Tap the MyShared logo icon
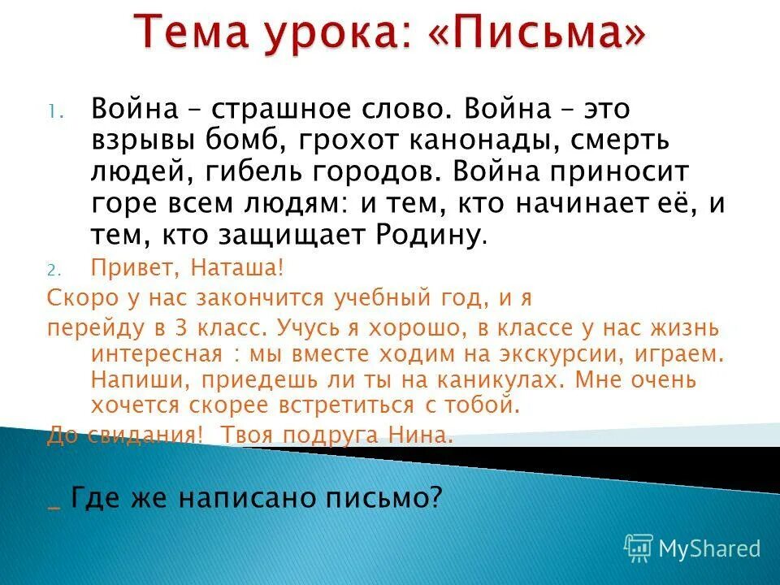pos(639,548)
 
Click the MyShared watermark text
pos(709,548)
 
